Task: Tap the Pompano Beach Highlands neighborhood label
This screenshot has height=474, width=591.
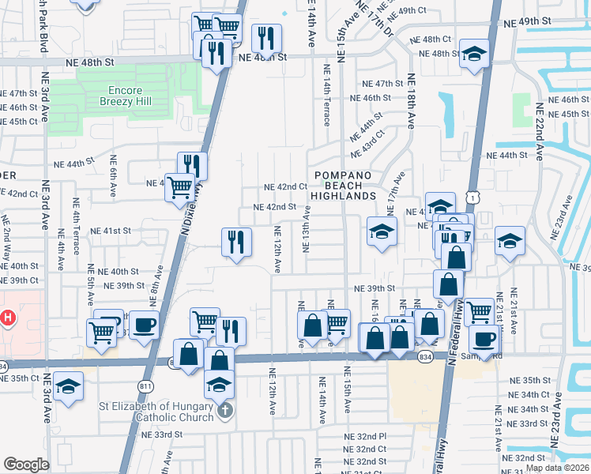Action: click(x=342, y=185)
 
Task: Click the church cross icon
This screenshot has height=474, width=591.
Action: click(x=225, y=410)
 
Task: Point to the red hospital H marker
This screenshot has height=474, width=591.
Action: click(x=8, y=318)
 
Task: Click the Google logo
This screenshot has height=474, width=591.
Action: click(x=26, y=465)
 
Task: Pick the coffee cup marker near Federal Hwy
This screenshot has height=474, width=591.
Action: click(x=484, y=340)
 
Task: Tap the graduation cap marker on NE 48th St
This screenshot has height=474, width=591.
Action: click(x=474, y=54)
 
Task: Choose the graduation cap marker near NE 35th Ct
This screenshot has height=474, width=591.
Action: click(x=69, y=386)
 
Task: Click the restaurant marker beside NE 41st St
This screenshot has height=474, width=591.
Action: click(x=235, y=241)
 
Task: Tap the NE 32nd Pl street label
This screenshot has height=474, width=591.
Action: click(x=365, y=436)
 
